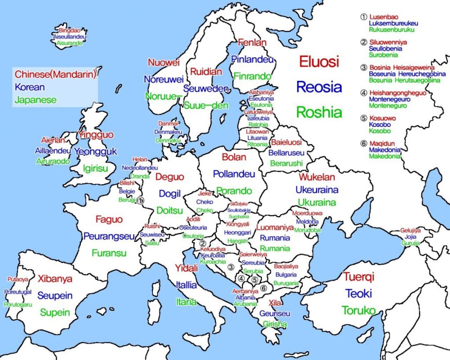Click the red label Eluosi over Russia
319,62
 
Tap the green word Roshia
319,112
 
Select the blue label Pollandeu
234,174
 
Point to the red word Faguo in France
109,219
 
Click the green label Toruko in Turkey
359,310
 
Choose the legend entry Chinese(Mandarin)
55,74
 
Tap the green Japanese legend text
36,100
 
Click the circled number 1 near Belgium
140,200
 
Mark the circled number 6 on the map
263,288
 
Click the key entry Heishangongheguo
398,93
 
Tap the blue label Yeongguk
96,152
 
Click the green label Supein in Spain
55,313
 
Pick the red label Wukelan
317,177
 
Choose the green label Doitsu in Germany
170,210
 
